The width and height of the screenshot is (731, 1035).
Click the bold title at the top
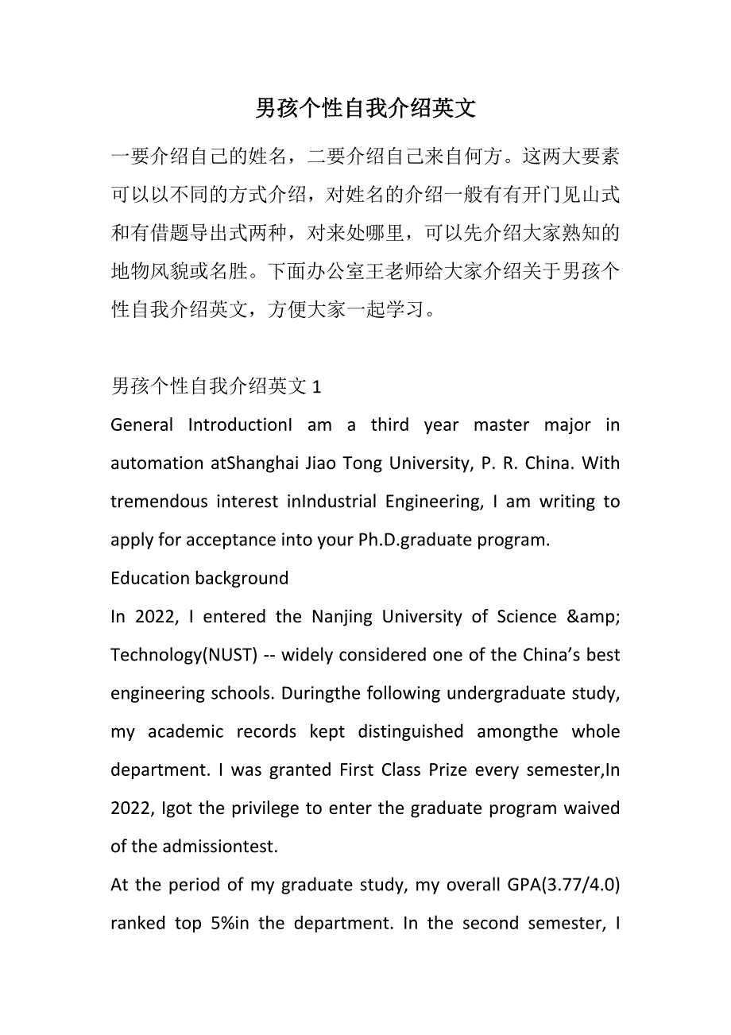[x=365, y=109]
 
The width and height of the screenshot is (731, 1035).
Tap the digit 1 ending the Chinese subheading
[x=317, y=387]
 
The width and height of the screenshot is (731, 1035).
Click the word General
[x=141, y=425]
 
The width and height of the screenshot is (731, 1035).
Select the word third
[x=389, y=425]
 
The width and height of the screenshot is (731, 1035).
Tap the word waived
[x=592, y=808]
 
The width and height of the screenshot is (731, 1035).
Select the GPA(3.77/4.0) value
[x=563, y=885]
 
